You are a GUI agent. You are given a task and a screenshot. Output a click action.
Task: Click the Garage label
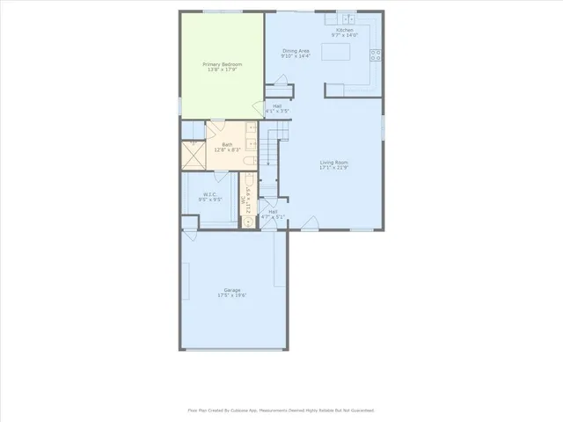(x=232, y=289)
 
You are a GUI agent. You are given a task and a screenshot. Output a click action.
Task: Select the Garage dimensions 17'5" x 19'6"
(x=232, y=295)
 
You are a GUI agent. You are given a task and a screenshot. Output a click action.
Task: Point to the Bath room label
(x=227, y=145)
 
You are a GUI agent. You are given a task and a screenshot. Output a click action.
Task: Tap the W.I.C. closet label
(x=209, y=194)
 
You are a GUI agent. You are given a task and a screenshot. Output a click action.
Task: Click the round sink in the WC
(x=248, y=222)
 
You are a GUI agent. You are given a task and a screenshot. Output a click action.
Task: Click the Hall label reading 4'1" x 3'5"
(x=277, y=108)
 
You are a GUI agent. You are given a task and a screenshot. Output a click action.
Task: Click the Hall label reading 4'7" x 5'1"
(x=273, y=214)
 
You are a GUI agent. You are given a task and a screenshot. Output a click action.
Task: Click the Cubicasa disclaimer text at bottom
(x=281, y=410)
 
